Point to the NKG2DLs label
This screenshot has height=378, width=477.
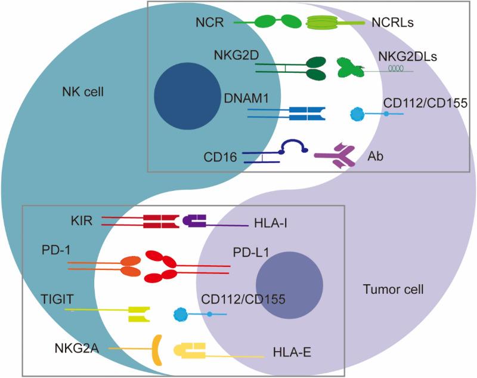pos(405,57)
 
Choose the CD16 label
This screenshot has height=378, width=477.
pos(222,157)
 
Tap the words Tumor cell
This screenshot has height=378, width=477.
pos(393,290)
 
